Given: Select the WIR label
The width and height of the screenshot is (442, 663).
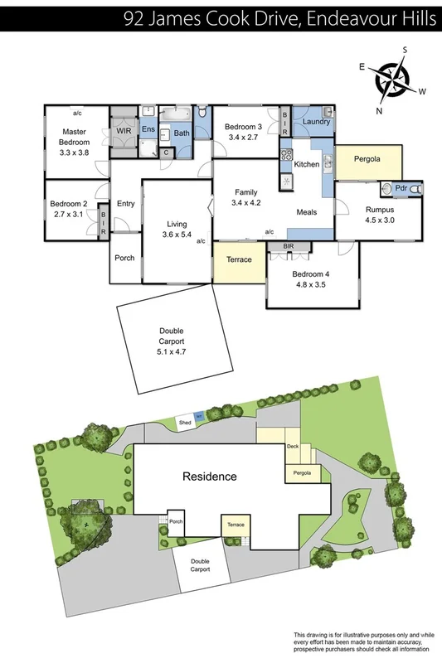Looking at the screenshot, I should (124, 132).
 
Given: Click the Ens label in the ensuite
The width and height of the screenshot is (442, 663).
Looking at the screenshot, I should (148, 130).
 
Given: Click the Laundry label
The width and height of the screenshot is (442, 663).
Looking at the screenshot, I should (316, 123).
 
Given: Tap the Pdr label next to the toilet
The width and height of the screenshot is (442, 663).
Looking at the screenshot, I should (401, 189).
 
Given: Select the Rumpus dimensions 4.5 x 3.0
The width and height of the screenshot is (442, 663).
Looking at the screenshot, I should (380, 221).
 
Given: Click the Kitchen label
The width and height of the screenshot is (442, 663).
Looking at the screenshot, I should (306, 164).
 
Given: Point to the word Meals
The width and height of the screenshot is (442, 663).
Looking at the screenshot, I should (308, 212).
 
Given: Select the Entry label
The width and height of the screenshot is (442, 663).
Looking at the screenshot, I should (126, 204).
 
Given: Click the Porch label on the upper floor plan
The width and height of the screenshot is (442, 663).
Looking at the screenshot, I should (124, 258).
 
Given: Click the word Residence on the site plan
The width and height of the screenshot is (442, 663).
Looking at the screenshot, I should (210, 477).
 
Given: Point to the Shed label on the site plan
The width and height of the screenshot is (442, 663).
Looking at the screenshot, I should (185, 423).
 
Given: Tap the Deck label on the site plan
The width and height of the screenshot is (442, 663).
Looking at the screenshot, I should (292, 447).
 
